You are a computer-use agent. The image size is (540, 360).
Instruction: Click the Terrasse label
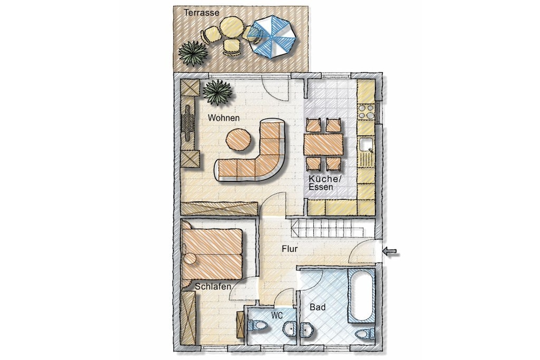point(201,13)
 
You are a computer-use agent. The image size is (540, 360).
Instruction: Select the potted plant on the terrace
point(193,53)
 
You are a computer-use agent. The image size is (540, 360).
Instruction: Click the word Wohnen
point(224,118)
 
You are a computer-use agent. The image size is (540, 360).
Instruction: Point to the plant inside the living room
point(217,92)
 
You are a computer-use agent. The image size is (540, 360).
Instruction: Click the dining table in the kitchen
point(323,145)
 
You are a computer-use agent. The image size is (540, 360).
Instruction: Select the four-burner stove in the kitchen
point(366,112)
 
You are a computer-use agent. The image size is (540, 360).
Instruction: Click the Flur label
point(290,249)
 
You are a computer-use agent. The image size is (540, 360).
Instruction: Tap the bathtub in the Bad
point(361,295)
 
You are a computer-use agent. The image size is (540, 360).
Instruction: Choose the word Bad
point(317,307)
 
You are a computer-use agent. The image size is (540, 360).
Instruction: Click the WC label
point(277,315)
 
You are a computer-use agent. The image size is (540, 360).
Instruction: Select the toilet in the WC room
point(257,325)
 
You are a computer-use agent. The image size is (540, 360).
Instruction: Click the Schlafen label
point(213,286)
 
